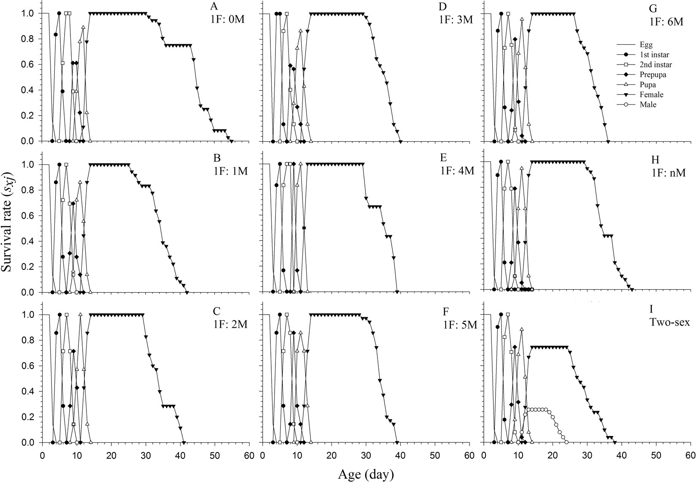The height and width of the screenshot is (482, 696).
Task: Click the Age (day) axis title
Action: pos(366,474)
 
